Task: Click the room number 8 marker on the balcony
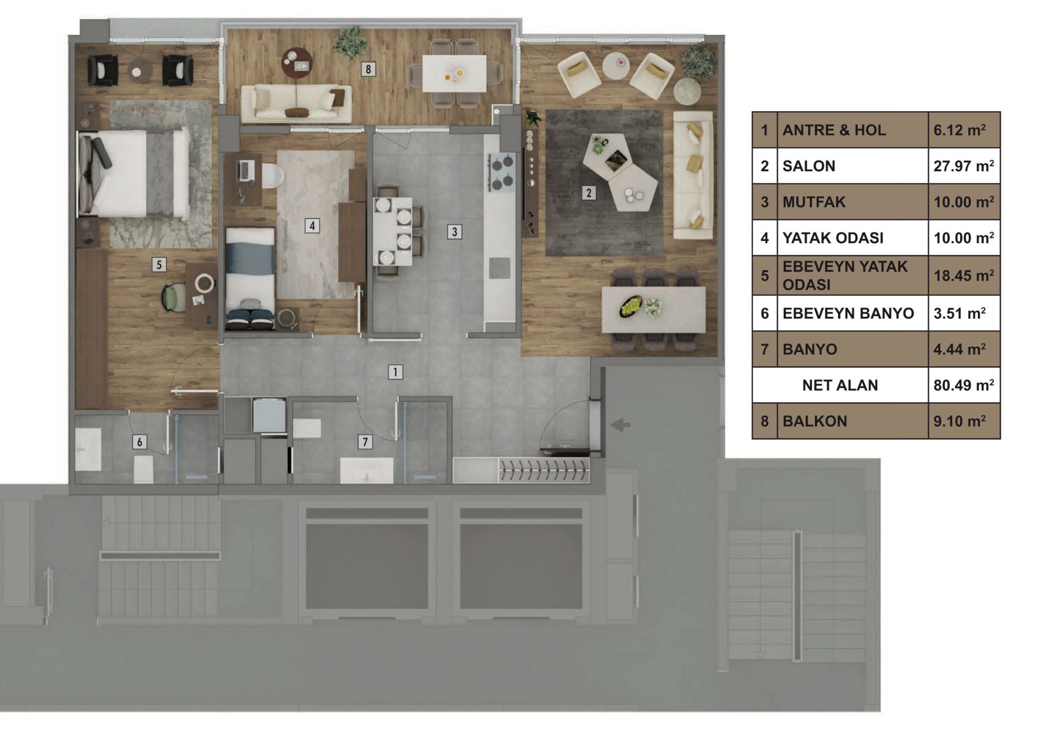point(368,69)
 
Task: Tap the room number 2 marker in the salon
point(589,193)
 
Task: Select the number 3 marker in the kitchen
point(454,232)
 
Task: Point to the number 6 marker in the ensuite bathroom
point(140,442)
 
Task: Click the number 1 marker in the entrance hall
point(395,372)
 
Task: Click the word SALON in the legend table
point(809,166)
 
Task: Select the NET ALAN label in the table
point(840,385)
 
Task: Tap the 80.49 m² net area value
point(963,385)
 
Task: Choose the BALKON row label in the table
point(814,421)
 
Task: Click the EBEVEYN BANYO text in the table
point(848,313)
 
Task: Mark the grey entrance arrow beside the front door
point(620,424)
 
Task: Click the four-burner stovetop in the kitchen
point(501,172)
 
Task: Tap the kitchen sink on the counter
point(499,268)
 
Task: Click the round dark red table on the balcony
point(297,62)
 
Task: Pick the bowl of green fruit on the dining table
point(630,306)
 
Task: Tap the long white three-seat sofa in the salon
point(693,175)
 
